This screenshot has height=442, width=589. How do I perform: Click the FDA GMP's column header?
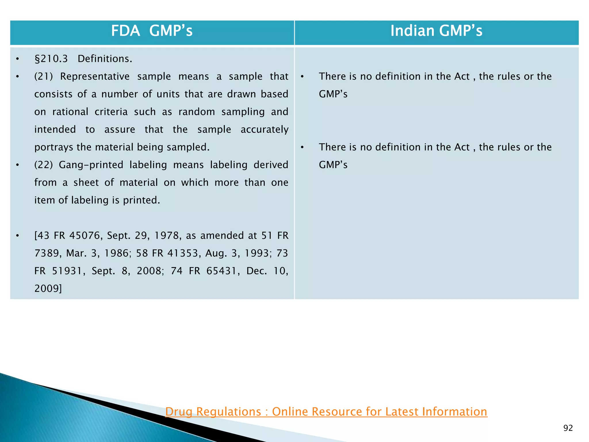pyautogui.click(x=152, y=31)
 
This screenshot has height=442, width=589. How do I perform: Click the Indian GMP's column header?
pyautogui.click(x=436, y=31)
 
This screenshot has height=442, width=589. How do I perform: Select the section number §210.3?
pyautogui.click(x=51, y=59)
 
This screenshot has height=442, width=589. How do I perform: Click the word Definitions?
pyautogui.click(x=105, y=59)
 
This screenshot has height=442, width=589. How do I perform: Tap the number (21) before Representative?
pyautogui.click(x=44, y=77)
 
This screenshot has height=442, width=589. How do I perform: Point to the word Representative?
pyautogui.click(x=95, y=77)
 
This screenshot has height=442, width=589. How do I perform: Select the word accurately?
pyautogui.click(x=264, y=129)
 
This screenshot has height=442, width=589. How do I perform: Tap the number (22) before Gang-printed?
pyautogui.click(x=44, y=165)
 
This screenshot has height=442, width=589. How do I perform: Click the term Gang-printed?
pyautogui.click(x=91, y=165)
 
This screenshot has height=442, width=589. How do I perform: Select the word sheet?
pyautogui.click(x=86, y=182)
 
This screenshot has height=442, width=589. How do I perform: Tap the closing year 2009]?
pyautogui.click(x=48, y=288)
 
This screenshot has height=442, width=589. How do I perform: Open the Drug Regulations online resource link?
pyautogui.click(x=326, y=411)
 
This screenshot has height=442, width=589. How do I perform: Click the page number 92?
pyautogui.click(x=568, y=428)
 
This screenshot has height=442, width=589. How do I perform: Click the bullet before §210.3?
pyautogui.click(x=18, y=59)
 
